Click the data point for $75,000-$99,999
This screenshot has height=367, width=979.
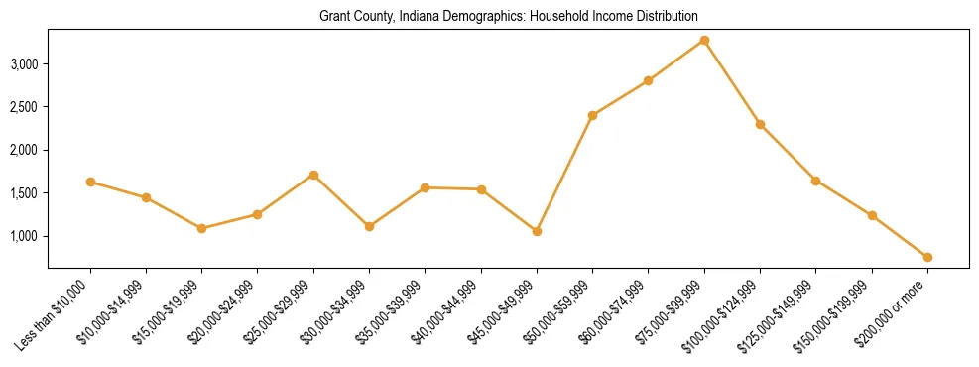[704, 40]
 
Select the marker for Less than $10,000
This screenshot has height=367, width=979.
[90, 182]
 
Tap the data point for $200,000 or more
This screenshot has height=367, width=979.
[927, 257]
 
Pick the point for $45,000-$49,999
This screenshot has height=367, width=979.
[537, 231]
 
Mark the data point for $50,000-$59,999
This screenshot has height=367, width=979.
[592, 115]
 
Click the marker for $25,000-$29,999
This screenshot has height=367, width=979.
[313, 175]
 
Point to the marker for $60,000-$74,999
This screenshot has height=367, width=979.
[648, 80]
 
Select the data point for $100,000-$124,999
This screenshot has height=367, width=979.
[760, 124]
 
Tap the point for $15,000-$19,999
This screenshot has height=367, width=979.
[202, 228]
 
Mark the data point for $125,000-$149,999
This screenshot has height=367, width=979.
[815, 181]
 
